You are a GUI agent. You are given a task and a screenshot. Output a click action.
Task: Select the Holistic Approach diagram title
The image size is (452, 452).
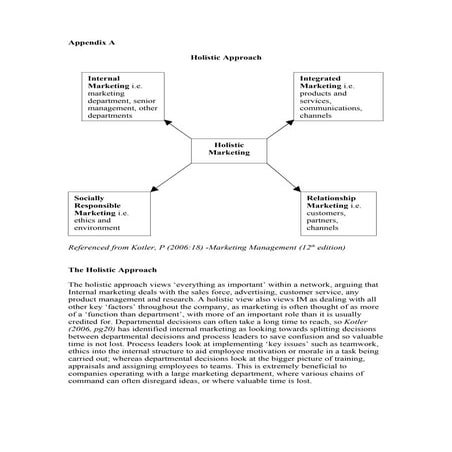point(226,58)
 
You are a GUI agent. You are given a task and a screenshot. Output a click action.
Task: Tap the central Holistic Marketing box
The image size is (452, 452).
point(228,150)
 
